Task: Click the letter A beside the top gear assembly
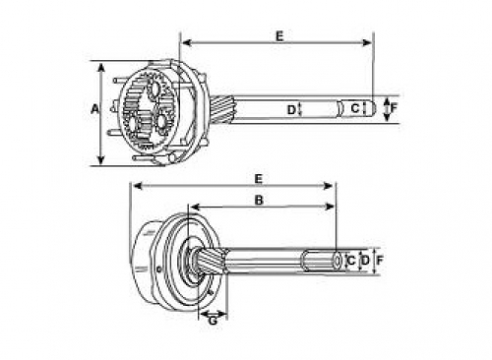pyautogui.click(x=94, y=109)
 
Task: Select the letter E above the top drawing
pyautogui.click(x=279, y=36)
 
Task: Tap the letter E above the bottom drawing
pyautogui.click(x=259, y=179)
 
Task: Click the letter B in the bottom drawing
pyautogui.click(x=259, y=200)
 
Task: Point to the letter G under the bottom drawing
pyautogui.click(x=213, y=321)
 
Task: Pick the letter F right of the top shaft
pyautogui.click(x=394, y=107)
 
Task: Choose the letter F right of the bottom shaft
pyautogui.click(x=380, y=261)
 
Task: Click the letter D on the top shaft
pyautogui.click(x=291, y=110)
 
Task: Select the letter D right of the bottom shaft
pyautogui.click(x=365, y=261)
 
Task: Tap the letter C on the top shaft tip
pyautogui.click(x=355, y=108)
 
